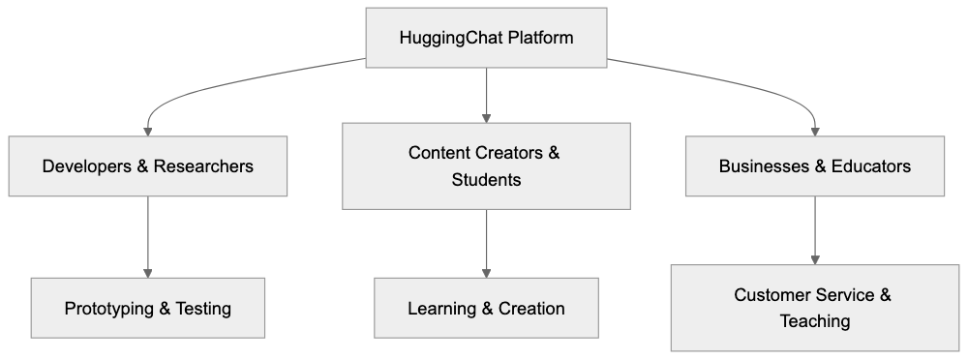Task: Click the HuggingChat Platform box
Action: tap(486, 39)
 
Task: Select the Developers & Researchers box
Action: tap(148, 166)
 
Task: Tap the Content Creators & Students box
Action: tap(486, 165)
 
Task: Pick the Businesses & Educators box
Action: tap(814, 166)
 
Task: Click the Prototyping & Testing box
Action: tap(148, 309)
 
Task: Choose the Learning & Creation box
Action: tap(486, 309)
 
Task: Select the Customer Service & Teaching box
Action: tap(814, 308)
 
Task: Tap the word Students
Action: tap(486, 180)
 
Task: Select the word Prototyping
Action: tap(108, 309)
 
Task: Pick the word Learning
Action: tap(441, 309)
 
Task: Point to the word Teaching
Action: tap(814, 321)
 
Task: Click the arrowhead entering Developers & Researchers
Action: tap(148, 130)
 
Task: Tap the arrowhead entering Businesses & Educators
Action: tap(814, 130)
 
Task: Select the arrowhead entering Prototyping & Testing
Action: tap(148, 271)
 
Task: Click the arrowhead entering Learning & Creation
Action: tap(486, 271)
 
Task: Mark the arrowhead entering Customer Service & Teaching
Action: tap(814, 258)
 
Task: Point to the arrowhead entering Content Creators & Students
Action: tap(486, 116)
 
